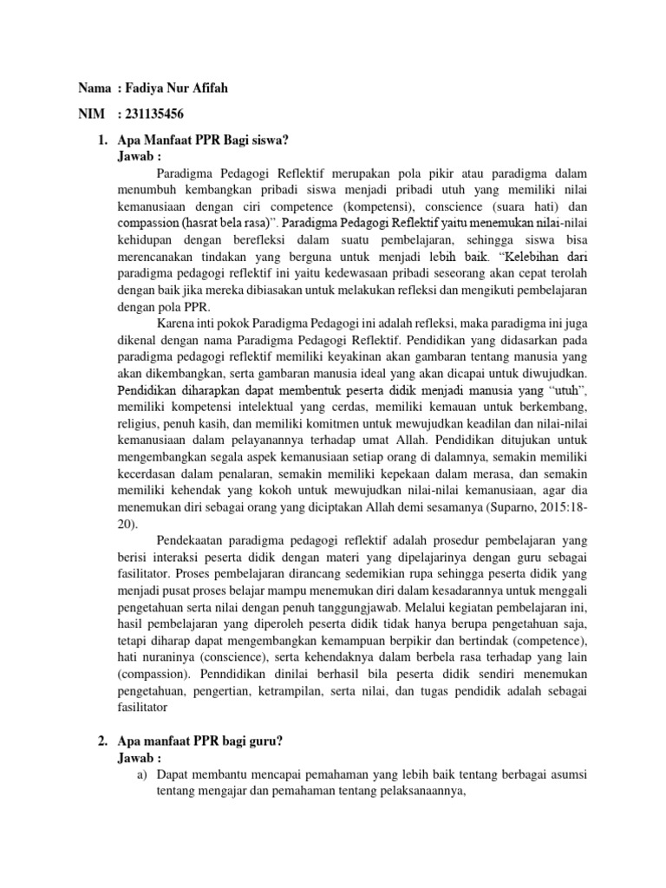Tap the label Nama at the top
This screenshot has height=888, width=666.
95,89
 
